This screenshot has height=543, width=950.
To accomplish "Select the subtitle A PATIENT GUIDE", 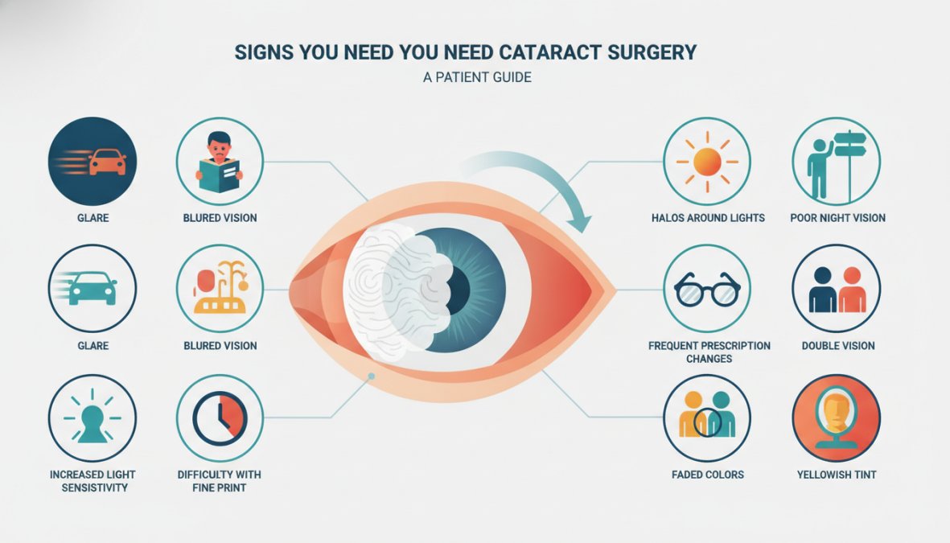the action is [478, 77].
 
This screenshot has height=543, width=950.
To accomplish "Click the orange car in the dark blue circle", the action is [107, 162].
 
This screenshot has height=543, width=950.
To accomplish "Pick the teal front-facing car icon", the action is [93, 288].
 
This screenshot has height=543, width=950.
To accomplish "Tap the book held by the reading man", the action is [220, 175].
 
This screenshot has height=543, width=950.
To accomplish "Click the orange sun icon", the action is [707, 162].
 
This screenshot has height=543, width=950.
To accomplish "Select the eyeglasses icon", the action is [707, 290].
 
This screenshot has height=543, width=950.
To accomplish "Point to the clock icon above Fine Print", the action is [220, 418].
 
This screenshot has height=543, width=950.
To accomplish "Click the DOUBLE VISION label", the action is [838, 345].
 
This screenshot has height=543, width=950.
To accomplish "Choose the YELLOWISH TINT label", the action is [836, 475].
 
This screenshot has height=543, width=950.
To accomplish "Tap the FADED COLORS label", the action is [708, 475].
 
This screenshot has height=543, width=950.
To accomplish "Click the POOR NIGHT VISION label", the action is [837, 217].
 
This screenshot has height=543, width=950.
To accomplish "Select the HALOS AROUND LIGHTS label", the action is [708, 217].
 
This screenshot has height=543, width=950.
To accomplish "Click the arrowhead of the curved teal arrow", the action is [582, 222].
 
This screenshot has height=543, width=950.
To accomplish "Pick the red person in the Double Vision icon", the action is [853, 290].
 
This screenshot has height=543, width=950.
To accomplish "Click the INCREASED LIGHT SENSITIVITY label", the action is [93, 480].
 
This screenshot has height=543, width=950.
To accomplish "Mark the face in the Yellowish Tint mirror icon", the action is [836, 412].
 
